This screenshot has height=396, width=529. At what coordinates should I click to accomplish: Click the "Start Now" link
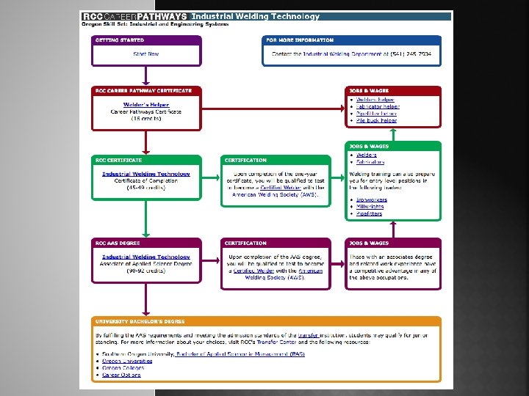tap(145, 54)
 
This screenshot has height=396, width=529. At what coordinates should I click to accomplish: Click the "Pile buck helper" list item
tap(377, 120)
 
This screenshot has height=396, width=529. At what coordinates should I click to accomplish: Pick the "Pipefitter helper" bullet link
tap(377, 114)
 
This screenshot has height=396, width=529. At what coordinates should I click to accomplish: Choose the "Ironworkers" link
tap(372, 199)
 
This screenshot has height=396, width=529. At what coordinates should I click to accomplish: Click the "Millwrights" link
tap(370, 207)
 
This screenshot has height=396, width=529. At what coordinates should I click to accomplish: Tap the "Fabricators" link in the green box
tap(370, 162)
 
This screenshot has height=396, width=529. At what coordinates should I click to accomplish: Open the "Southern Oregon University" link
tap(134, 354)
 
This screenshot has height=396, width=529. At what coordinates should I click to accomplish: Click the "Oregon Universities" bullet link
tap(126, 361)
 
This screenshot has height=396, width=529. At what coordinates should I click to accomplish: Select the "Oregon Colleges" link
tap(123, 368)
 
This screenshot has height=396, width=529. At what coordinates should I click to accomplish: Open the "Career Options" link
tap(121, 375)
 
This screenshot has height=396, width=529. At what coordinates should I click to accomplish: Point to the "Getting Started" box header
tap(146, 40)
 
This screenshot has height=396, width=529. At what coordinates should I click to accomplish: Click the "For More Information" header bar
tap(352, 40)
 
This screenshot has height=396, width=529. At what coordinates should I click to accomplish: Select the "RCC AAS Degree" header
tap(146, 243)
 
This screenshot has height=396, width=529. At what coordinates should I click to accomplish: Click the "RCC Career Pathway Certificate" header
tap(146, 91)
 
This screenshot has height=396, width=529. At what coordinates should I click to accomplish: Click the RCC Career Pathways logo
tap(134, 16)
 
